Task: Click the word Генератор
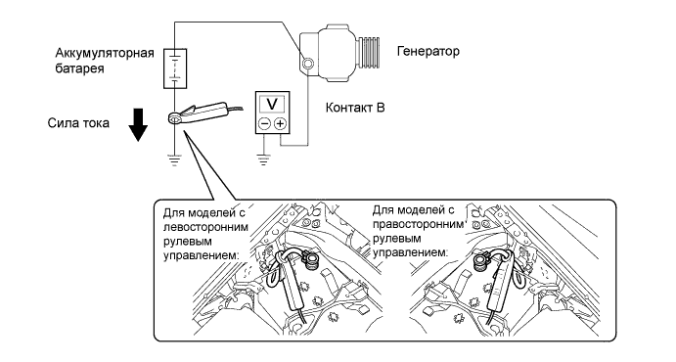click(428, 51)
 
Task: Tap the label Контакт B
click(355, 108)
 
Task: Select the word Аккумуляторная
click(105, 54)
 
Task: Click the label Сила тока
click(78, 123)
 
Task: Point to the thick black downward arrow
click(138, 125)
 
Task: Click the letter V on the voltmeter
click(272, 104)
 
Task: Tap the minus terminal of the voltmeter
click(264, 124)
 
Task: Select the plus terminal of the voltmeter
click(280, 124)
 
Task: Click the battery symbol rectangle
click(175, 68)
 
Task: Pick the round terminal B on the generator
click(307, 64)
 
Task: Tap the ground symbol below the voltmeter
click(263, 159)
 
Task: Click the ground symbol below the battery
click(174, 159)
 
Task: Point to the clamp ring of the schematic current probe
click(175, 118)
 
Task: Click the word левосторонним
click(205, 227)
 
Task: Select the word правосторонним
click(418, 225)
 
